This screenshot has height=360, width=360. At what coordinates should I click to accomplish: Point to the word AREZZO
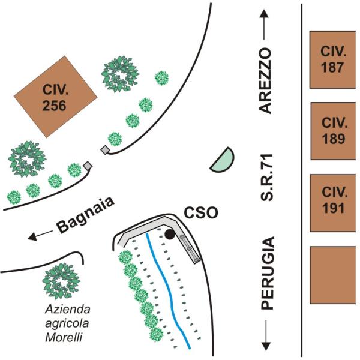(265, 80)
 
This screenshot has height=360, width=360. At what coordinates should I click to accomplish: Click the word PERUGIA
(266, 273)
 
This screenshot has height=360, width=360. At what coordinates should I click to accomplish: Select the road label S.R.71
(266, 178)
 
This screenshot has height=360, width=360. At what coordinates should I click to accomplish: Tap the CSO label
(201, 213)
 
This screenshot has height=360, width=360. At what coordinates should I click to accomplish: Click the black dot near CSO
(170, 235)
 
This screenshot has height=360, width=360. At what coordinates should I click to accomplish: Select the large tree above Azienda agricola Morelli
(62, 280)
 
